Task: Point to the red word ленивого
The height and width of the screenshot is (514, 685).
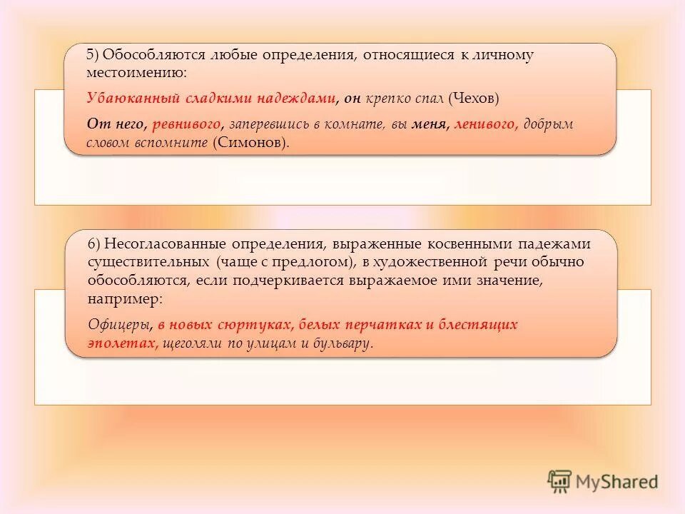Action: [485, 124]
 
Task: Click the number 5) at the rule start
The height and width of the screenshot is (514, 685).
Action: [93, 55]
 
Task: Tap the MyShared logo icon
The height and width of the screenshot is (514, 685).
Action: [559, 481]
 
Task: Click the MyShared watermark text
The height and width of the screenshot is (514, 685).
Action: [617, 482]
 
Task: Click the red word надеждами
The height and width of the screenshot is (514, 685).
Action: [298, 99]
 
